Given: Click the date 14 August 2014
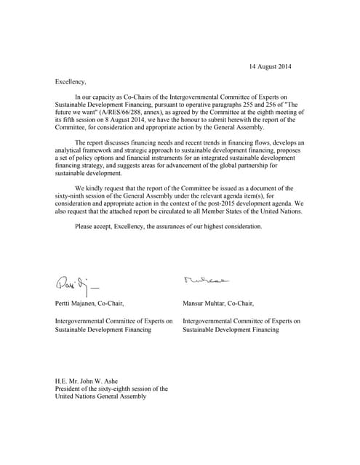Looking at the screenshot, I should click(x=270, y=67).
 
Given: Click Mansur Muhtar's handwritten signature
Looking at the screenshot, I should click(x=206, y=278).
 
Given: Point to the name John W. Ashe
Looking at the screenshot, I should click(x=100, y=381).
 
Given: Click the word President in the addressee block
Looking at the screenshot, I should click(x=71, y=389).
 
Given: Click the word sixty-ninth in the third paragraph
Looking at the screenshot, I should click(x=74, y=195).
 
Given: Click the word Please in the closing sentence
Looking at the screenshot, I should click(x=85, y=227).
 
